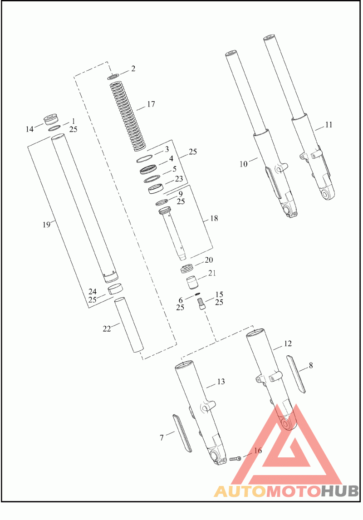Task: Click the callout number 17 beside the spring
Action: (x=151, y=104)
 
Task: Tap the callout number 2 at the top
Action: (x=133, y=69)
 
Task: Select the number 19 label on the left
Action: (x=46, y=225)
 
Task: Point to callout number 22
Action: (x=107, y=329)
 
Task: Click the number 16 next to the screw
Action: (x=258, y=451)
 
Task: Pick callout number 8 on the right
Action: (x=311, y=365)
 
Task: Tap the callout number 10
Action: (x=244, y=164)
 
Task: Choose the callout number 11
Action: (x=329, y=125)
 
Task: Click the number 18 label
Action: (x=214, y=218)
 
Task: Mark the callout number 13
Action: (x=221, y=382)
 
